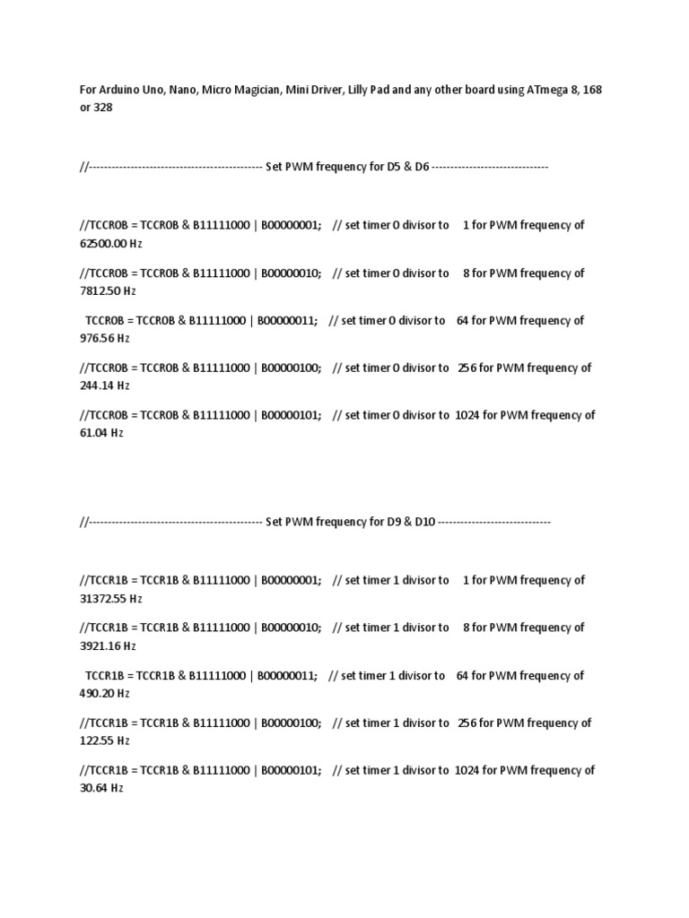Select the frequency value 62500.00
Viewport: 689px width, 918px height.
point(103,243)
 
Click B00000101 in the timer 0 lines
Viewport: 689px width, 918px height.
point(292,415)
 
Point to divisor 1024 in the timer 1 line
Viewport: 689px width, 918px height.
point(467,770)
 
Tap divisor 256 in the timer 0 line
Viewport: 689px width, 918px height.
point(467,368)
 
